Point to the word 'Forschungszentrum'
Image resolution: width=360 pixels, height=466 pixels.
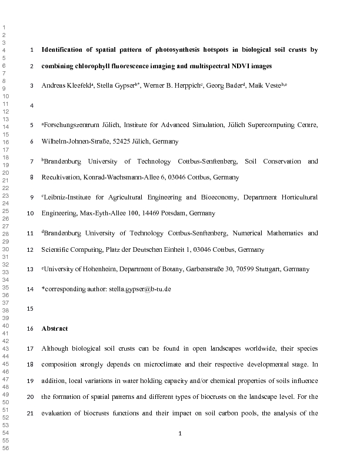click(72, 125)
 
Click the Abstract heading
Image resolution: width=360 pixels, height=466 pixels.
click(55, 328)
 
